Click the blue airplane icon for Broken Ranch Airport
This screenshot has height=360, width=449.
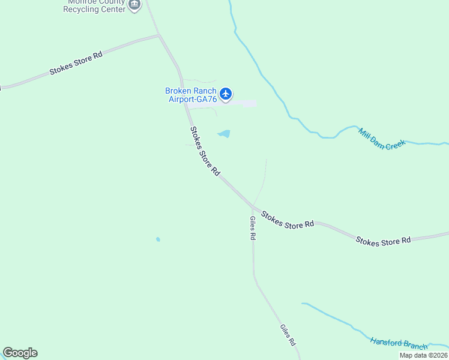point(226,94)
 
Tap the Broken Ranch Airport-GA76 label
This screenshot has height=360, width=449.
point(190,95)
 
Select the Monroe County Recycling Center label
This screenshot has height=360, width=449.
point(95,5)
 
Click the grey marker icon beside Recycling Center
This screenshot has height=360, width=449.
point(134,5)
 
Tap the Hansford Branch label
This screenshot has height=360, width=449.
point(399,344)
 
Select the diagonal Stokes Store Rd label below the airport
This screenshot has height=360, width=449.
point(205,151)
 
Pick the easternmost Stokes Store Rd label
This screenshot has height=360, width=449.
point(383,240)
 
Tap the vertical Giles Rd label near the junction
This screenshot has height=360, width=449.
point(253,228)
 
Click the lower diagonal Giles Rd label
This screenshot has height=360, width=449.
point(288,335)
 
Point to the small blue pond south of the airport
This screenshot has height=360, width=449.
point(224,134)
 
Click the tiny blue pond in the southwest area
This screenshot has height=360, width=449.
point(158,239)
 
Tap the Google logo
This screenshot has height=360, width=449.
point(20,353)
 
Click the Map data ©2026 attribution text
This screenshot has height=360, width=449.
point(423,355)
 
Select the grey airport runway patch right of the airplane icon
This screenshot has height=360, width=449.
point(246,104)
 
